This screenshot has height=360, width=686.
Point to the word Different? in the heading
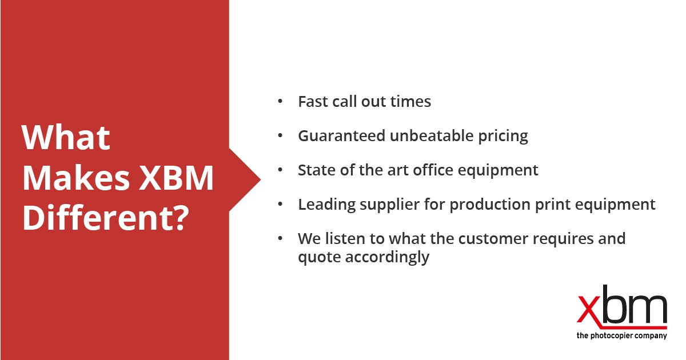point(105,218)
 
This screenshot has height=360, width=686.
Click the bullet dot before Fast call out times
point(280,101)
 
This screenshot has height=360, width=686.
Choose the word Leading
point(325,205)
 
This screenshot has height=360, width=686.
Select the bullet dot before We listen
point(280,238)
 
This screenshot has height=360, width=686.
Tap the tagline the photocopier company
point(621,336)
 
